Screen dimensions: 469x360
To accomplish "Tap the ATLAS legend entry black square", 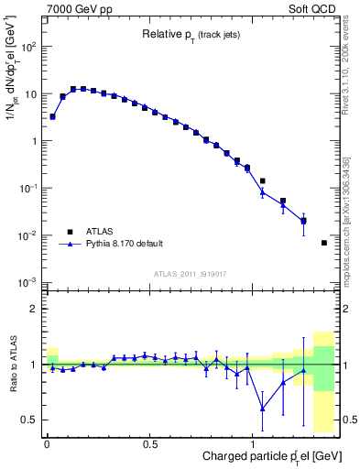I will (x=67, y=232).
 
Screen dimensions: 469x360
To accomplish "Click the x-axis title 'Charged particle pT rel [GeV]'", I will (x=266, y=456).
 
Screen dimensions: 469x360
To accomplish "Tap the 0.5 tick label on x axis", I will (x=150, y=442).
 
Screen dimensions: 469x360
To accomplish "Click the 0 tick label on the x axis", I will (x=47, y=442).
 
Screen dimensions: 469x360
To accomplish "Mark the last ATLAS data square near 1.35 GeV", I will (x=324, y=243).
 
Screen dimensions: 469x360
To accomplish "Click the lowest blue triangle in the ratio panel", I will (x=263, y=408).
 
